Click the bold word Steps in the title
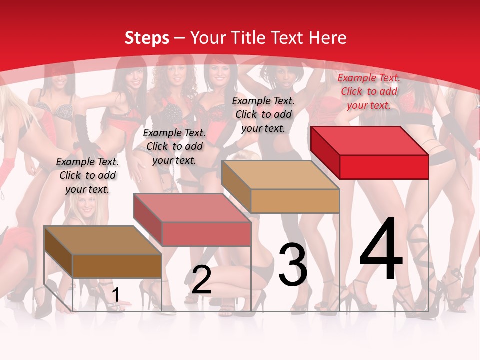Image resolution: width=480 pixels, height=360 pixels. [x=147, y=38]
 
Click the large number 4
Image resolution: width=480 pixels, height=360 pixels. [x=381, y=249]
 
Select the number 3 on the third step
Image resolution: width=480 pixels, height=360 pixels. [x=292, y=265]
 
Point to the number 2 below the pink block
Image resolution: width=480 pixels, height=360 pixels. [x=201, y=280]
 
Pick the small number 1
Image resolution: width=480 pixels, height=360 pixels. [x=115, y=295]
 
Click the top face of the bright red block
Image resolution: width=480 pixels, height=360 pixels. [x=369, y=140]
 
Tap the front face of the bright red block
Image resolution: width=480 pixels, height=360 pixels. [x=384, y=167]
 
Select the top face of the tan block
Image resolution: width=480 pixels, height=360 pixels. [x=280, y=175]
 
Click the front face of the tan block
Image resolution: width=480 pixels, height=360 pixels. [x=295, y=201]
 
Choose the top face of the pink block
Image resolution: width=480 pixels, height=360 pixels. [x=192, y=208]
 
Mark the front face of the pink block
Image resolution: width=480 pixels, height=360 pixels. [x=206, y=234]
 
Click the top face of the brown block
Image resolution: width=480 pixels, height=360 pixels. [x=103, y=240]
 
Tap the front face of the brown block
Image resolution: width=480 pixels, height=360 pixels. [x=117, y=266]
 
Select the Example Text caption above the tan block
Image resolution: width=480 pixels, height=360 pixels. [x=263, y=114]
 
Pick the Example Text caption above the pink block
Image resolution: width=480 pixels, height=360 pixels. [x=174, y=146]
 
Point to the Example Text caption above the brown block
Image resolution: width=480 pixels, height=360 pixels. [x=87, y=175]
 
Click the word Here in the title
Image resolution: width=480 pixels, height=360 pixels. [x=327, y=38]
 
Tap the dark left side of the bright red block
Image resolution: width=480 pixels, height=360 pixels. [x=325, y=152]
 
